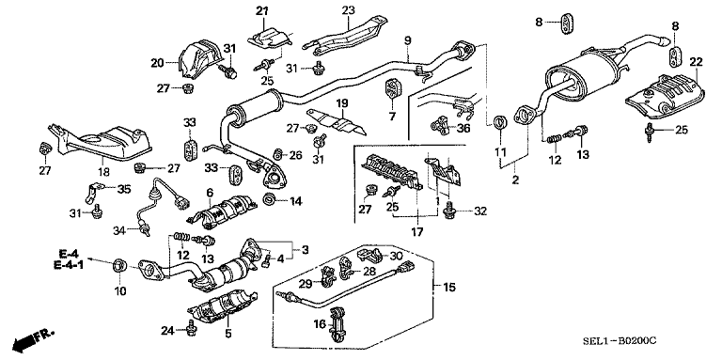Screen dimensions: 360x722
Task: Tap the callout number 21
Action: [261, 11]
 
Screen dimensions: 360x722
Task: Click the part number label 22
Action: [697, 62]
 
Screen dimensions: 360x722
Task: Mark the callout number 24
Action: [167, 330]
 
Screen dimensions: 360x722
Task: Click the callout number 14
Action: [295, 200]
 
